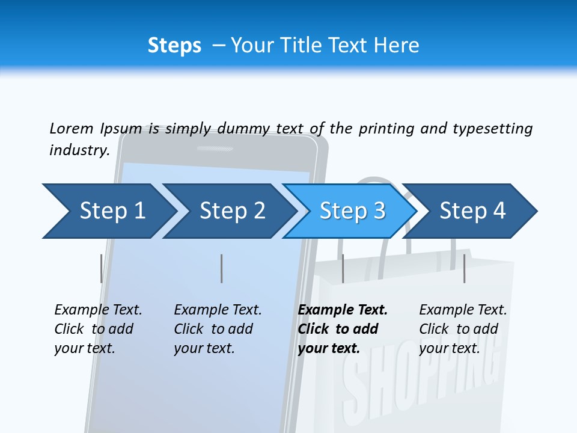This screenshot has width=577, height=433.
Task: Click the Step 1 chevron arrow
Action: pos(108,211)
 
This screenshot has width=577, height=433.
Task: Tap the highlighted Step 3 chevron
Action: pos(352,211)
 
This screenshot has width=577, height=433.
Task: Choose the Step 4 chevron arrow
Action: pos(472,211)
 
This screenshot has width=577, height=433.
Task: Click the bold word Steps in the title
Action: pos(174,46)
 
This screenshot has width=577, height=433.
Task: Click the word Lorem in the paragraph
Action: pos(72,128)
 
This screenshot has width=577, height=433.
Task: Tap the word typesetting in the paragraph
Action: pos(492,128)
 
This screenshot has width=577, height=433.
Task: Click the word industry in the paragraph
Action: pos(79,150)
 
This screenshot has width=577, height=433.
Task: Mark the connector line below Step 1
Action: pos(101,268)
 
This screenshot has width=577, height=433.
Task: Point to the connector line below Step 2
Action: pos(221,268)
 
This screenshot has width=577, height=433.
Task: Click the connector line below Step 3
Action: pos(343,268)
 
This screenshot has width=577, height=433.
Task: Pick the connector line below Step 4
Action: pos(464,268)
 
